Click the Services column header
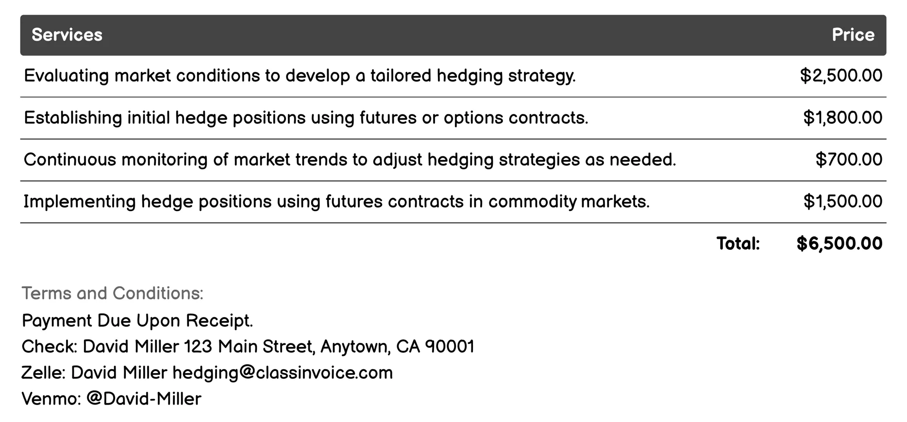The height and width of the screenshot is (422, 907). pyautogui.click(x=67, y=35)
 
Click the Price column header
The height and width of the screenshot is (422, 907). pyautogui.click(x=853, y=35)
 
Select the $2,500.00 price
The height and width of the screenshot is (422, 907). pyautogui.click(x=841, y=76)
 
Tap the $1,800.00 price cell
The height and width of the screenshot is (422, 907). pyautogui.click(x=842, y=118)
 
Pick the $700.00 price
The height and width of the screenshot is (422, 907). pyautogui.click(x=849, y=160)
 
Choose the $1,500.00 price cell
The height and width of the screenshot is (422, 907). pyautogui.click(x=842, y=201)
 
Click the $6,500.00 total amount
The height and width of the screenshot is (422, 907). pyautogui.click(x=839, y=243)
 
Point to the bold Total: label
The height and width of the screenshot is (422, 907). pyautogui.click(x=738, y=243)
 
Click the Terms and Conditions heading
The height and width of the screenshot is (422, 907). pyautogui.click(x=113, y=293)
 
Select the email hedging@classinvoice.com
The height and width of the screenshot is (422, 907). pyautogui.click(x=283, y=373)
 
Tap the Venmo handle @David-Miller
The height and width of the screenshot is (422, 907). pyautogui.click(x=144, y=399)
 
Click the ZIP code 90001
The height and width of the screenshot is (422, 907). pyautogui.click(x=450, y=347)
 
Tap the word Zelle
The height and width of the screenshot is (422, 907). pyautogui.click(x=43, y=373)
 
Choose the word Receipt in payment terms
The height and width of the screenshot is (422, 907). pyautogui.click(x=219, y=321)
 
